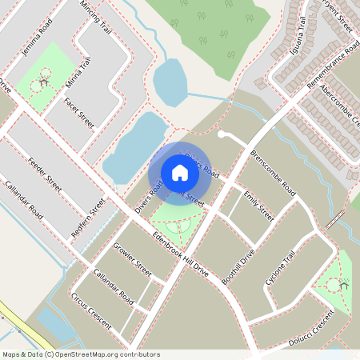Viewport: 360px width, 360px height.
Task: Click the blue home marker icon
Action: click(x=180, y=173)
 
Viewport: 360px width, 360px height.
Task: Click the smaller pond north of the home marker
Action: click(x=169, y=81)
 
